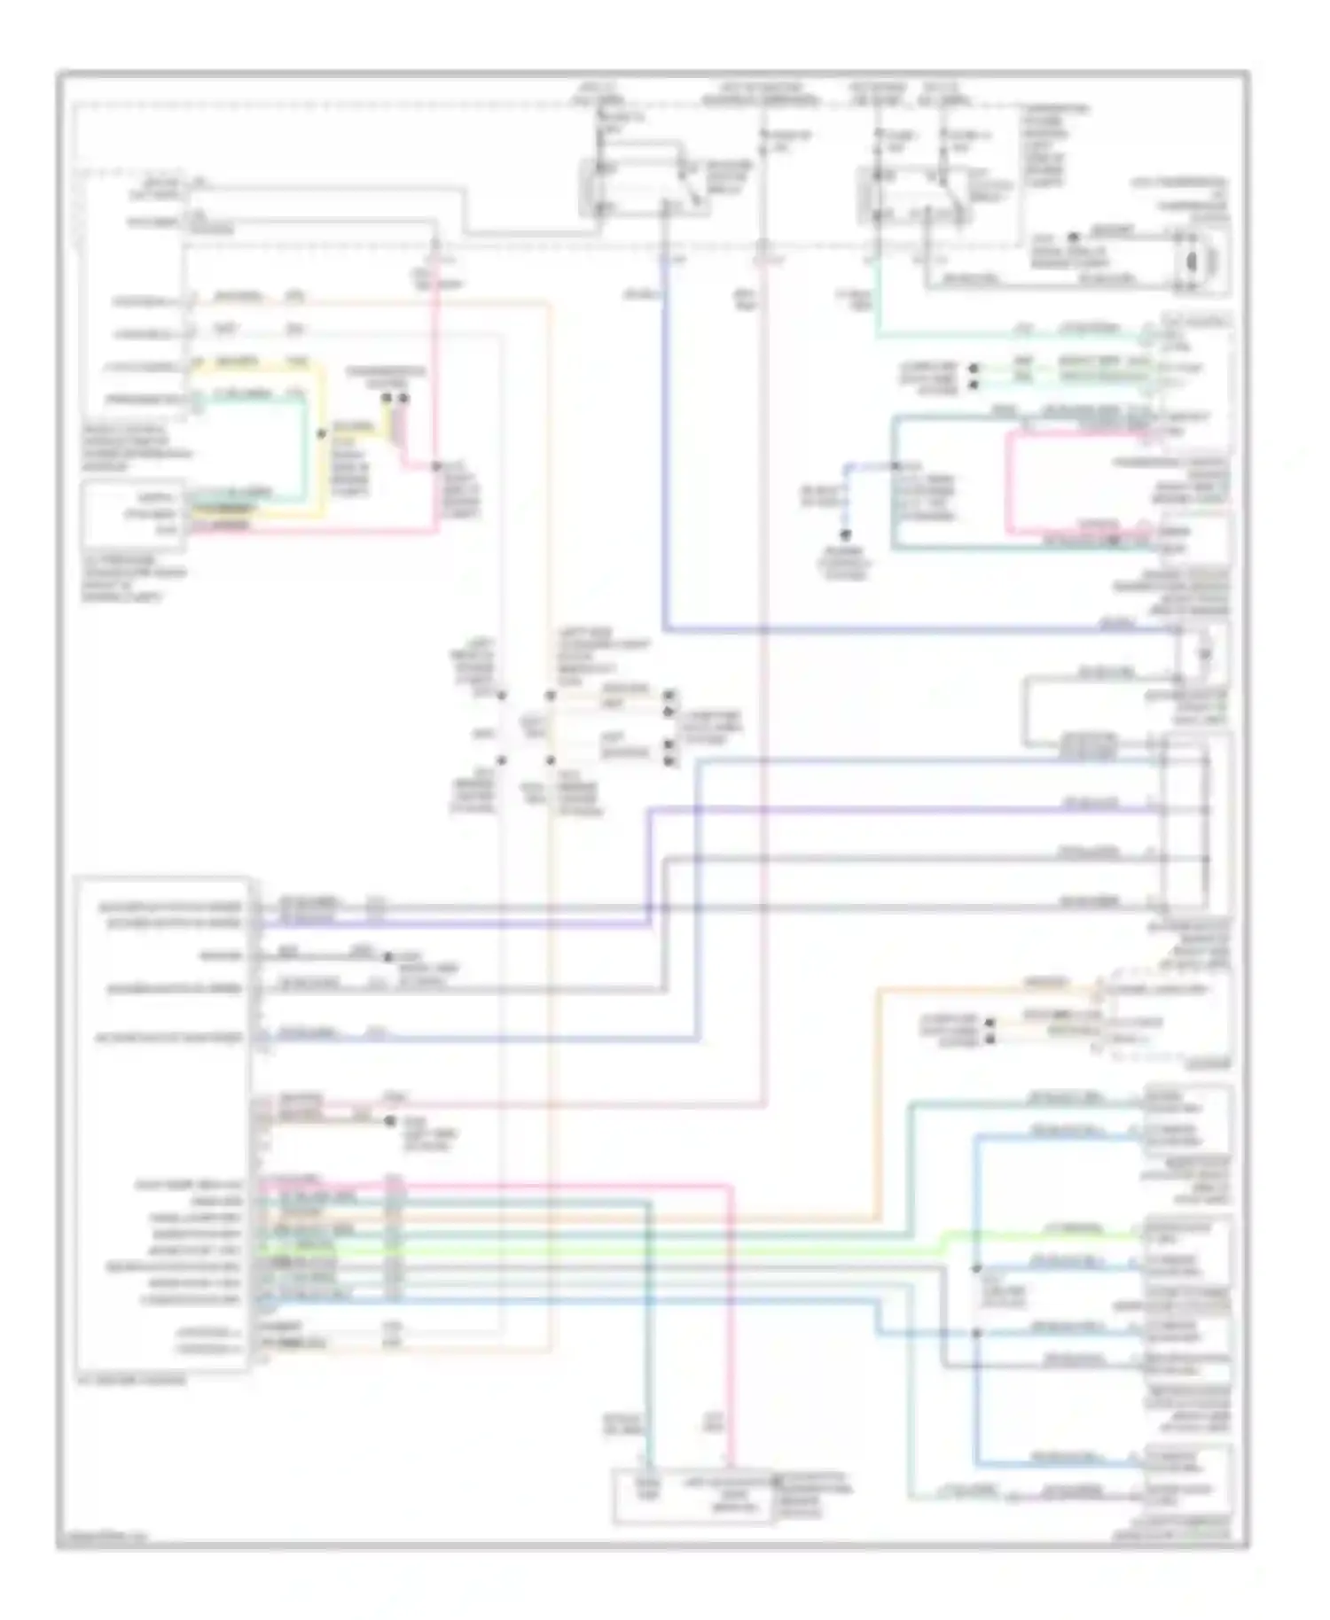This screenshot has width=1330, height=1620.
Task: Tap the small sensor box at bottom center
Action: coord(692,1497)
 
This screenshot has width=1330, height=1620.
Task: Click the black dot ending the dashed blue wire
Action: coord(846,535)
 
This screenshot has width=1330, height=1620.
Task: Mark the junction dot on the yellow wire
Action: coord(321,434)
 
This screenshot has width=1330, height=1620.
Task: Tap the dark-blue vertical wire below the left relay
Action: coord(664,443)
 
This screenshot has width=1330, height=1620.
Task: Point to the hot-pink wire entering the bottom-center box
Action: coord(732,1329)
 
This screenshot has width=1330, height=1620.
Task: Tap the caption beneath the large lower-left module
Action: coord(133,1380)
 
